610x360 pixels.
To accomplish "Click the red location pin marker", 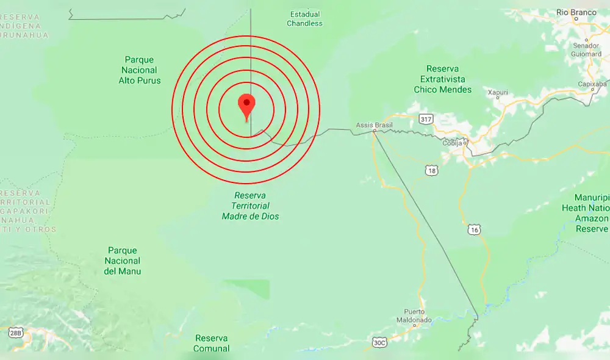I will [x=246, y=106].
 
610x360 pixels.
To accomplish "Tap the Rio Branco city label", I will [x=576, y=12].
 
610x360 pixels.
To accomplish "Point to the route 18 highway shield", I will [x=432, y=171].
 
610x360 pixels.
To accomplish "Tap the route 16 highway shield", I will [x=475, y=229].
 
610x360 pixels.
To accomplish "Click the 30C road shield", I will [x=379, y=342].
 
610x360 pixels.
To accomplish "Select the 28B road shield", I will [x=15, y=333].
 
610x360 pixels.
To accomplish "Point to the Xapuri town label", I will [x=498, y=92].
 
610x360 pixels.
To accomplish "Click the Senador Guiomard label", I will [x=587, y=49].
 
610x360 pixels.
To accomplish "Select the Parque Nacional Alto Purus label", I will [x=140, y=70].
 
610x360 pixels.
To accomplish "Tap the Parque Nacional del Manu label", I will [x=123, y=261].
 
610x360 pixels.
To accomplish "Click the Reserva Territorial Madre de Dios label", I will [x=251, y=206].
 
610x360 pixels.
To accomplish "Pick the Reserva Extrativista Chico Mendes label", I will [x=443, y=79].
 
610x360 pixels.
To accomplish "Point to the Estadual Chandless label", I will [x=305, y=19].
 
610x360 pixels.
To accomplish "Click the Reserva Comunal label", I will [x=211, y=343].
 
